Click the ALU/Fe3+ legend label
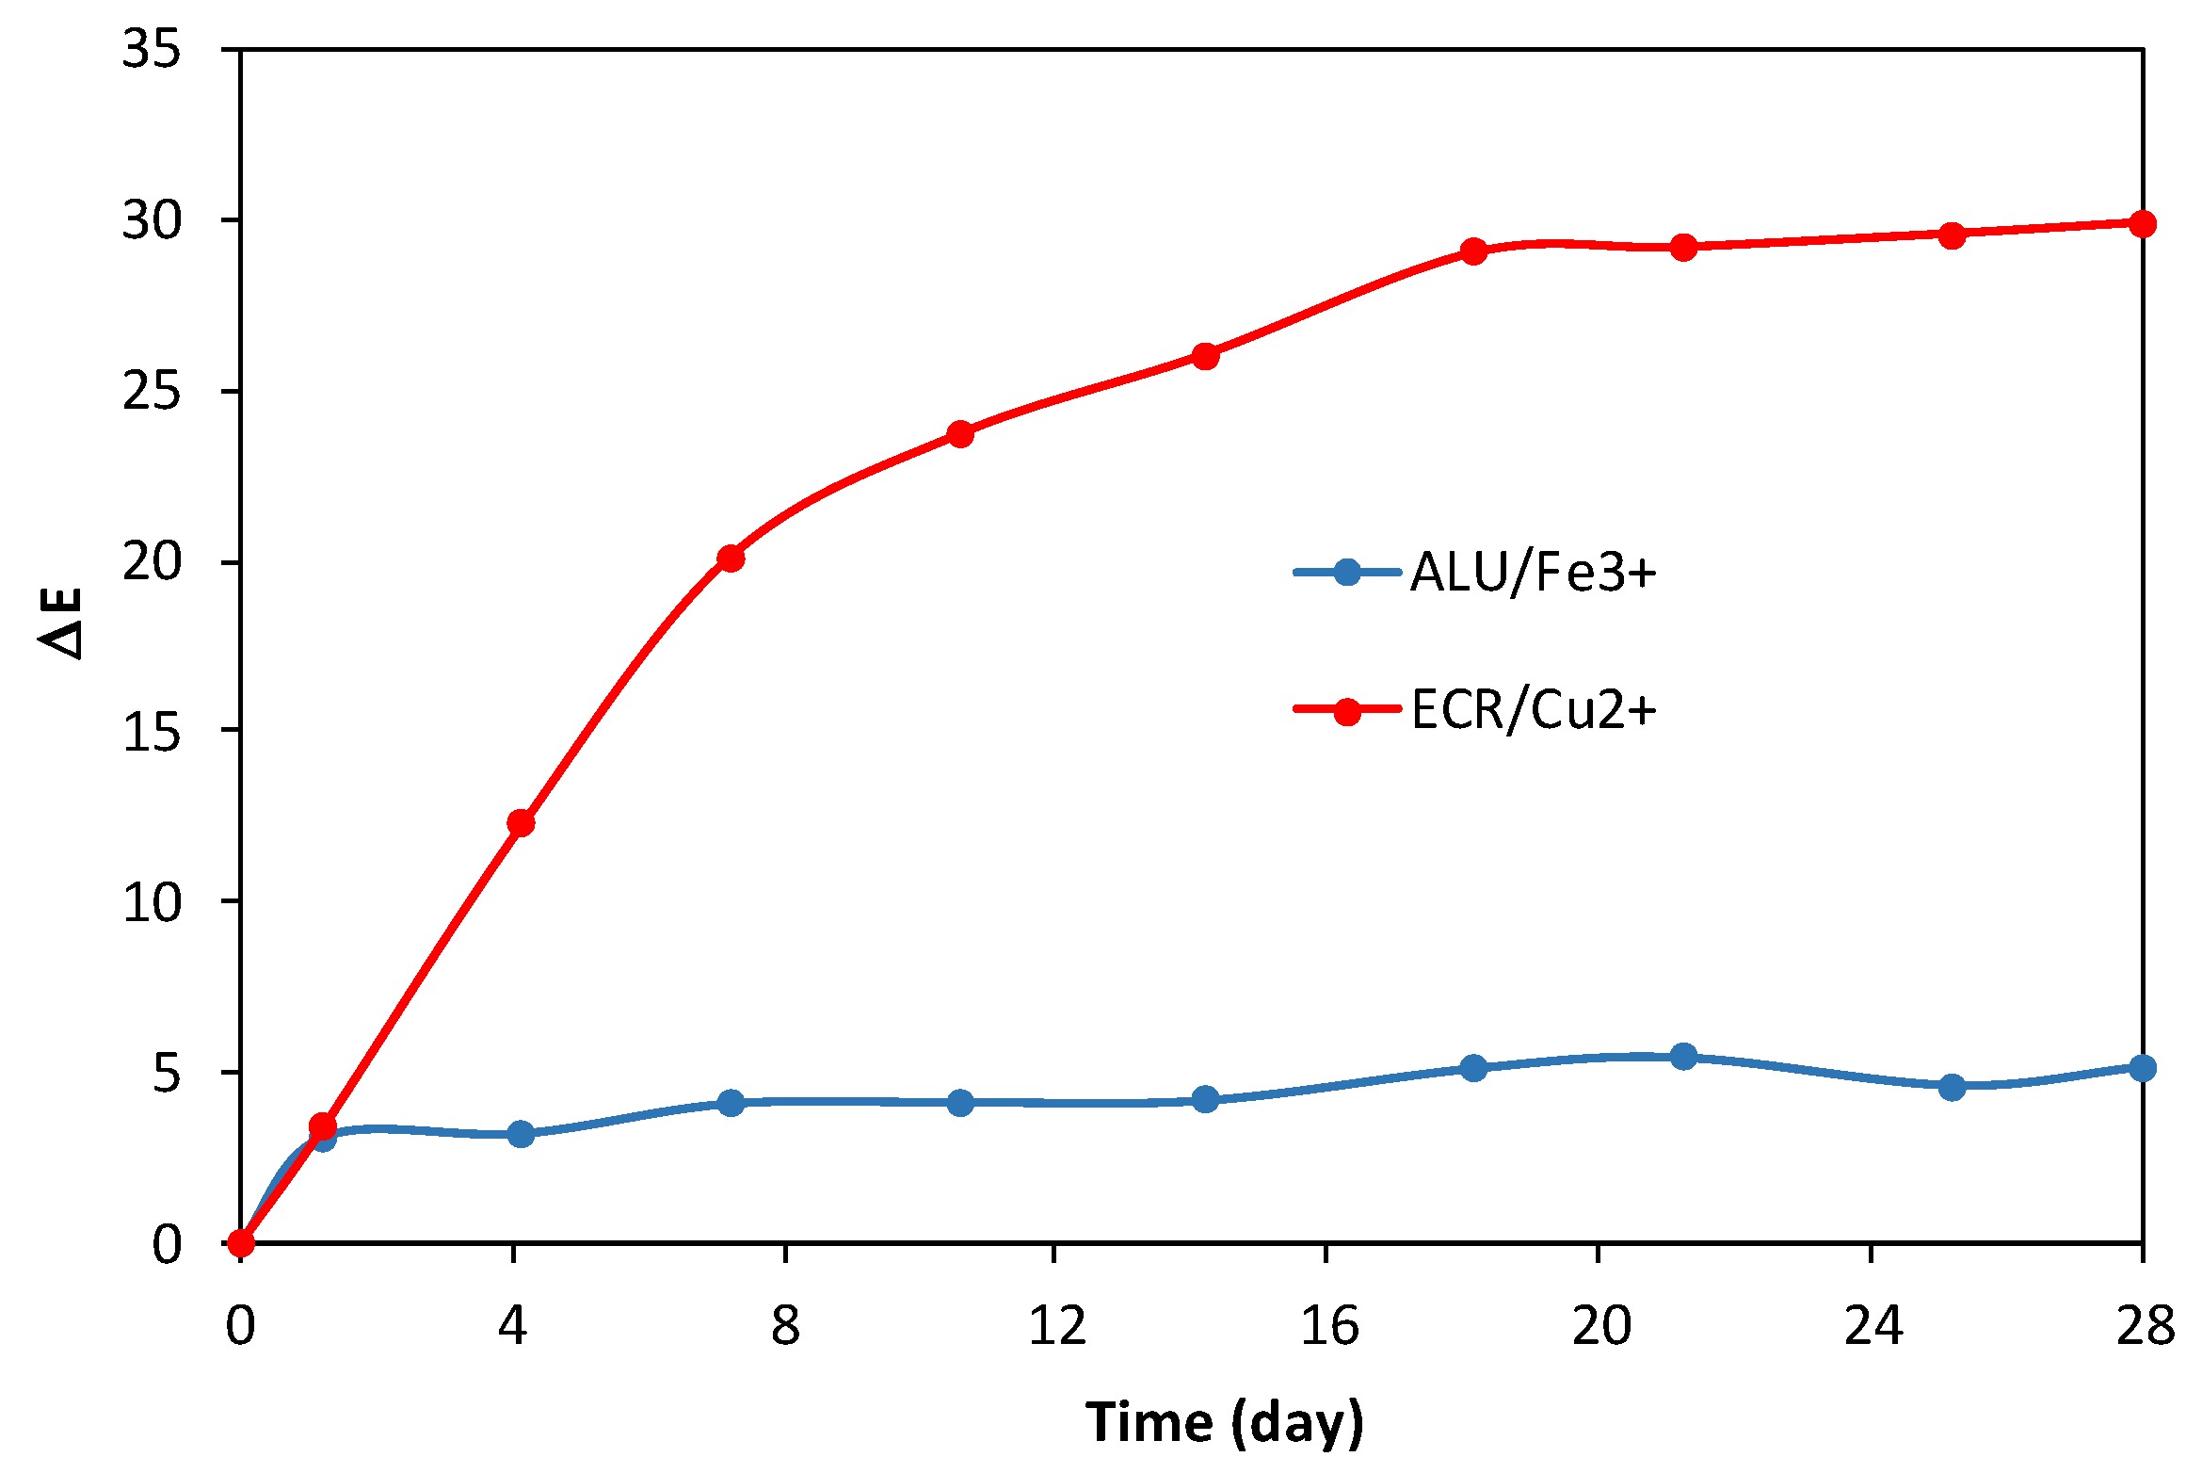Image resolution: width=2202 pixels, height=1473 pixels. (x=1533, y=572)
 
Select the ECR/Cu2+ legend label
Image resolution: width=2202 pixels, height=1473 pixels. (x=1533, y=710)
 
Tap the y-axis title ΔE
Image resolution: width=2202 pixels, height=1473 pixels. (x=62, y=623)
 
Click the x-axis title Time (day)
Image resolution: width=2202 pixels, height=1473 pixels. (x=1224, y=1422)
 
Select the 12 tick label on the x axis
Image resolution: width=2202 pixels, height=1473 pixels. (x=1056, y=1326)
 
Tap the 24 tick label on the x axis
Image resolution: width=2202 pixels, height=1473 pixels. (x=1873, y=1326)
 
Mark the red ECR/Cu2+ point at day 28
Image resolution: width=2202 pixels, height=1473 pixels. (x=2143, y=224)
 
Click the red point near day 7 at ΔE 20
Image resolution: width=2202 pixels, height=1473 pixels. (x=731, y=558)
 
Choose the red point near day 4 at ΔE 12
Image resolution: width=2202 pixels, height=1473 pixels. (x=521, y=823)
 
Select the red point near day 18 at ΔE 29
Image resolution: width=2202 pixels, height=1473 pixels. (x=1474, y=251)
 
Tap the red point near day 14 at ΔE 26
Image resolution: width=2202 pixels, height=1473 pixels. (x=1206, y=356)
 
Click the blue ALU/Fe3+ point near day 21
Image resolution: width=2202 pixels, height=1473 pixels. (x=1684, y=1057)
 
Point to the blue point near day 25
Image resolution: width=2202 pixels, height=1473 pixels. (x=1953, y=1087)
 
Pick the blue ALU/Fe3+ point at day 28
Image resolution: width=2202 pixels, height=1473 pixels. (x=2143, y=1068)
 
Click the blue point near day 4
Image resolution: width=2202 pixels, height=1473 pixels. (x=521, y=1134)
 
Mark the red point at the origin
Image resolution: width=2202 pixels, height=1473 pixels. (x=241, y=1243)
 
